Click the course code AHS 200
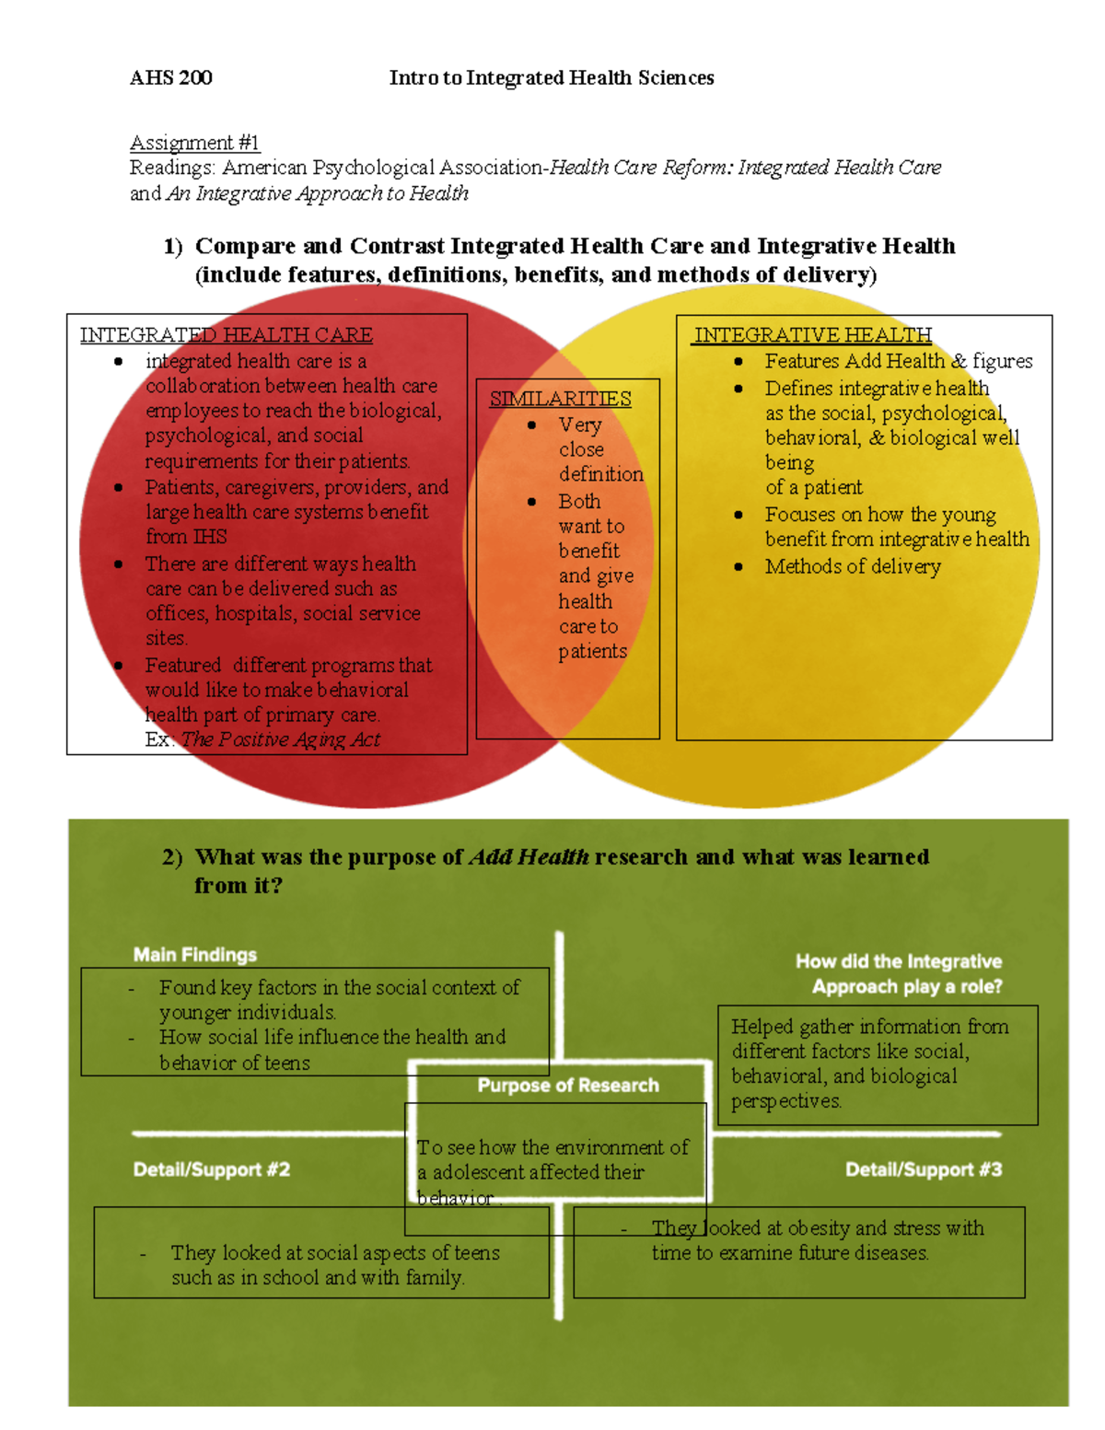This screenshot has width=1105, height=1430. pyautogui.click(x=170, y=77)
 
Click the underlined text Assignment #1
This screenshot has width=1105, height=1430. pyautogui.click(x=194, y=143)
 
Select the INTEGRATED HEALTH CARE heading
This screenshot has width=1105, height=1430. pyautogui.click(x=226, y=335)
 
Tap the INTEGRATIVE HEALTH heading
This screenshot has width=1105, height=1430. pyautogui.click(x=812, y=335)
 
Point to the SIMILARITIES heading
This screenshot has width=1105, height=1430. pyautogui.click(x=560, y=399)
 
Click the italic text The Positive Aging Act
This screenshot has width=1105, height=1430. pyautogui.click(x=281, y=739)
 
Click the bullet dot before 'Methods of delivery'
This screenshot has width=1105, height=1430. pyautogui.click(x=739, y=567)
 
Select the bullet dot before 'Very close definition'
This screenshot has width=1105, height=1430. pyautogui.click(x=532, y=425)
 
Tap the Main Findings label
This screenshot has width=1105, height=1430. pyautogui.click(x=194, y=955)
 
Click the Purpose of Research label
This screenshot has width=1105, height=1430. pyautogui.click(x=568, y=1086)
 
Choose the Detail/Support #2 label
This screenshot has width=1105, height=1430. pyautogui.click(x=211, y=1169)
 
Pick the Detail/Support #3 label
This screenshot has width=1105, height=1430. pyautogui.click(x=924, y=1169)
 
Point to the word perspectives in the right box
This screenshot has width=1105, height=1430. pyautogui.click(x=785, y=1101)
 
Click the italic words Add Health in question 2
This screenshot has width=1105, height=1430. pyautogui.click(x=529, y=857)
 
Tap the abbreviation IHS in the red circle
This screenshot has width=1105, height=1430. pyautogui.click(x=209, y=537)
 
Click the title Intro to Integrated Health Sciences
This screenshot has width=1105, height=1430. pyautogui.click(x=552, y=77)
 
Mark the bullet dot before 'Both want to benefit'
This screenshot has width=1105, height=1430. pyautogui.click(x=532, y=502)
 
